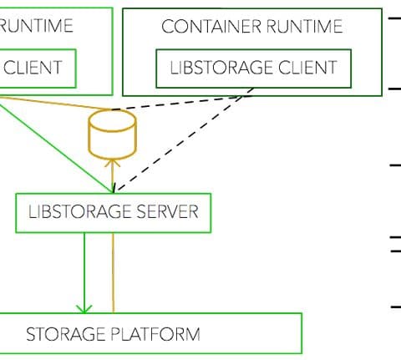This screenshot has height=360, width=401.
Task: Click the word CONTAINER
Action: [211, 26]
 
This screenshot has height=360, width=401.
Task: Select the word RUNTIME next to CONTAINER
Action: [304, 26]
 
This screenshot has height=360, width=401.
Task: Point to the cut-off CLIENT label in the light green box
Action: [33, 68]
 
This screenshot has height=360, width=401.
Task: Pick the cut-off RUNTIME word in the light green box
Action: [36, 26]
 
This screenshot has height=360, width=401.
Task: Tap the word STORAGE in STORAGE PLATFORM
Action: [65, 334]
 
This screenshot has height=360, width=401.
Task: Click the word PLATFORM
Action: [155, 334]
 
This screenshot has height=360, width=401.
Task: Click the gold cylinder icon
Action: [112, 134]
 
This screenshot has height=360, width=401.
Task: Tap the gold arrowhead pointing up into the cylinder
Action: [112, 163]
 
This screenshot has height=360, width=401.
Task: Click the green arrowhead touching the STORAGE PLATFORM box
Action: [84, 309]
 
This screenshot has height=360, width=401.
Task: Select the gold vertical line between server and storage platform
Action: [114, 272]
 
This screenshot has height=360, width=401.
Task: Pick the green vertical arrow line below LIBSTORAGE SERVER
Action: [84, 272]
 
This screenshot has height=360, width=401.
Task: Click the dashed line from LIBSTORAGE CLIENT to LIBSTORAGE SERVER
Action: [184, 140]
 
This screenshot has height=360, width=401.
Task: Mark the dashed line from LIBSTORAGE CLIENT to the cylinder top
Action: [181, 103]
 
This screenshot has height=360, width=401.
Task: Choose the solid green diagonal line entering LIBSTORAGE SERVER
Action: [56, 145]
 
